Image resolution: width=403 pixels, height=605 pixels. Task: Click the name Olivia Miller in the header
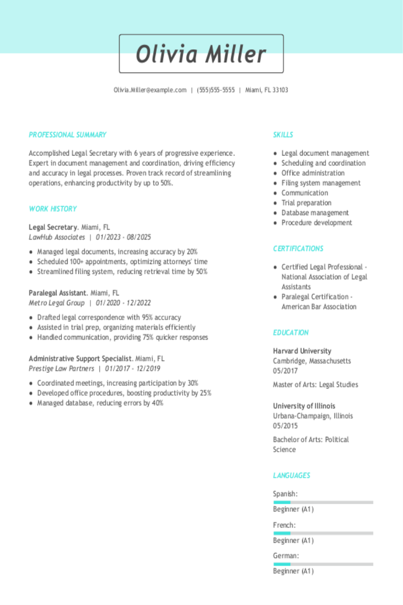click(x=201, y=54)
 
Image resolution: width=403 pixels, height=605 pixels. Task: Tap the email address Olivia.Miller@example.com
click(x=150, y=90)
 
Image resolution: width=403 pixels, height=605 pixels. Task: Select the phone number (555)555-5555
click(x=216, y=90)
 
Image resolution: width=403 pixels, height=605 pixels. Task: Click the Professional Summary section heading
click(x=68, y=135)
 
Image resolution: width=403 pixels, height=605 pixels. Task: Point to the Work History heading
click(x=53, y=209)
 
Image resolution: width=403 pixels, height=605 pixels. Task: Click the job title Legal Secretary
click(x=53, y=227)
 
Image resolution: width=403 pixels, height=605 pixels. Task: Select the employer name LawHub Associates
click(x=57, y=237)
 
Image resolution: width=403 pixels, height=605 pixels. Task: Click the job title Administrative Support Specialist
click(x=79, y=359)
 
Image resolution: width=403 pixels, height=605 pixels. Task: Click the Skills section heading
click(x=283, y=135)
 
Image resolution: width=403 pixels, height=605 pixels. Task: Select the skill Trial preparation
click(x=306, y=203)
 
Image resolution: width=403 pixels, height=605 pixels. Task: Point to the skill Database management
click(x=315, y=213)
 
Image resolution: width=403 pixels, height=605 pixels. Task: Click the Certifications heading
click(x=298, y=249)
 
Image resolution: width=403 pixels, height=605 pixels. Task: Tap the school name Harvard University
click(x=302, y=351)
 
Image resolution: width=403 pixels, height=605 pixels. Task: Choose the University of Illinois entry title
click(x=304, y=406)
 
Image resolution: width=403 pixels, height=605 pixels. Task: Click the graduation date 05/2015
click(x=285, y=426)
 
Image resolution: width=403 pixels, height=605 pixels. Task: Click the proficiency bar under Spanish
click(x=323, y=502)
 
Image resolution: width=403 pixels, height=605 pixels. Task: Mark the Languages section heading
click(x=291, y=476)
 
